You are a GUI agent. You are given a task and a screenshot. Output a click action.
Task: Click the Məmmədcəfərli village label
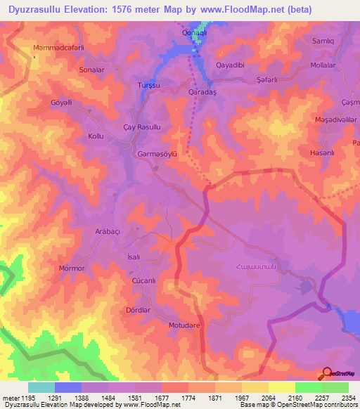point(58,48)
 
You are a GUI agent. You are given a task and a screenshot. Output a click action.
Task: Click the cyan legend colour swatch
point(41,387)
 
